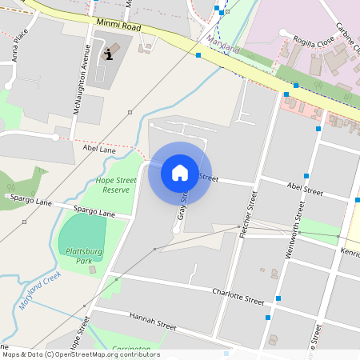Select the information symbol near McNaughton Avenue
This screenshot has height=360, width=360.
click(x=110, y=54)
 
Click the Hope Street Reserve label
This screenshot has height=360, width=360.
click(x=116, y=186)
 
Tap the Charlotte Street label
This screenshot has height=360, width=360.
click(x=238, y=297)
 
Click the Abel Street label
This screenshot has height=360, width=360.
click(x=304, y=190)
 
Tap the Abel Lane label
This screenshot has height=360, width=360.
click(x=99, y=149)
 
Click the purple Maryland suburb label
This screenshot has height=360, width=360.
click(x=223, y=44)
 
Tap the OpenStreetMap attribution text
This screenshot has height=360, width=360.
click(x=80, y=354)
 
